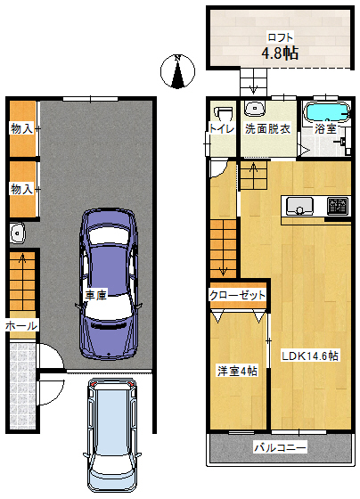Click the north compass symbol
pos(177,71)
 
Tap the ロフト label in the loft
pos(280,37)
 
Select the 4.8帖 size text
pos(280,53)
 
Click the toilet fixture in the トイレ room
pos(224,114)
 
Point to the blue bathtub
pos(327,112)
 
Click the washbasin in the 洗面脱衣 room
pos(255,108)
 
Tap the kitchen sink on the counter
pos(299,206)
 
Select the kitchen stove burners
pos(338,206)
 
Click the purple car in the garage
pos(109,284)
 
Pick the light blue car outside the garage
pos(112,436)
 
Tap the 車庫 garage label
pos(95,295)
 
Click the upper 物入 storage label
pos(21,129)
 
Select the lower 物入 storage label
pos(21,189)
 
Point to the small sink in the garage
pos(18,233)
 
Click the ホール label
pos(21,326)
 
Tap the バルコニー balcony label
pos(281,447)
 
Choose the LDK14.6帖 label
pos(310,356)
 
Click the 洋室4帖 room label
pos(237,371)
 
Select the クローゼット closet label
pos(237,295)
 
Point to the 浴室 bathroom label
pos(325,129)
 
